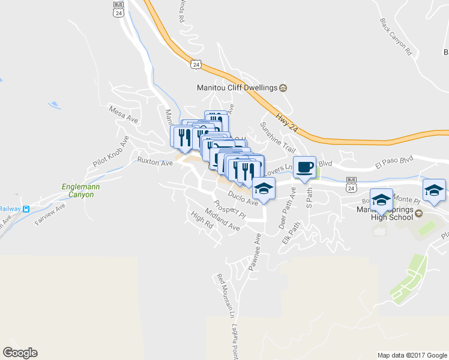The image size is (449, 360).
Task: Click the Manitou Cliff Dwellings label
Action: coord(237,88)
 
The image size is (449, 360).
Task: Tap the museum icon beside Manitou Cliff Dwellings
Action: coord(283,88)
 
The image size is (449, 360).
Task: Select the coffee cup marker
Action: coord(305,166)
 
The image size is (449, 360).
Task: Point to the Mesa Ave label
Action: coord(123,115)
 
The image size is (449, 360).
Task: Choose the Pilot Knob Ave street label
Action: coord(111,152)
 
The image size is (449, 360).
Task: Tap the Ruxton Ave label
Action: coord(151,161)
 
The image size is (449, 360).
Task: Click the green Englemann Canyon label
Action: coord(82,190)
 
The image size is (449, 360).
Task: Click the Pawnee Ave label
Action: coord(258,246)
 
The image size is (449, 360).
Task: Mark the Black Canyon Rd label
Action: coord(397,37)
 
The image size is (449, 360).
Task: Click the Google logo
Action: coord(20,353)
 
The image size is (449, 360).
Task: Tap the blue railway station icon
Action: coord(26,209)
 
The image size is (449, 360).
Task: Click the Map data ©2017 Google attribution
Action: coord(411,355)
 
